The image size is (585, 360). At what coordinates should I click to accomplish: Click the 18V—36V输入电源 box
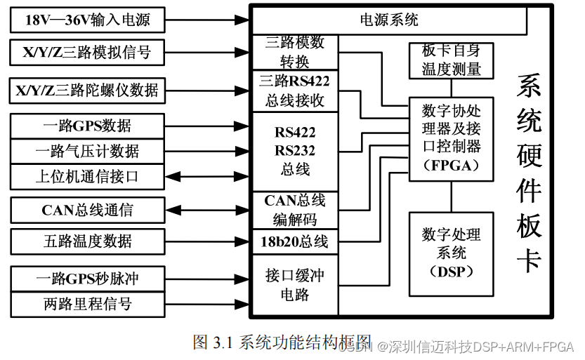coord(88,20)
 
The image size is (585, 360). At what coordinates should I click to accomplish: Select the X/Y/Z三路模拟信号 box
coord(88,53)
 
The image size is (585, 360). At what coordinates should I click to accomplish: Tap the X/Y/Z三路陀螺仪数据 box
coord(88,90)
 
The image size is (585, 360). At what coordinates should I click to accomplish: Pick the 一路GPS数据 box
coord(88,126)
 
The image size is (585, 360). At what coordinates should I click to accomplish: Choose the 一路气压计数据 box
coord(88,151)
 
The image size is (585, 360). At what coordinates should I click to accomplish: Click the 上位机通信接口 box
coord(88,176)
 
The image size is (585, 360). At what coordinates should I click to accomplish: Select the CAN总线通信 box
coord(88,209)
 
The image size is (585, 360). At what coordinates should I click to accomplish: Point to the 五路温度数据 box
coord(88,241)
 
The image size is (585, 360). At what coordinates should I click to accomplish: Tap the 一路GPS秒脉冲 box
coord(88,279)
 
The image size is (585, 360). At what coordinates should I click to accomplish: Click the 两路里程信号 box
coord(88,303)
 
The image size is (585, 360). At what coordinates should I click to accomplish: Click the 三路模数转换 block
coord(294,52)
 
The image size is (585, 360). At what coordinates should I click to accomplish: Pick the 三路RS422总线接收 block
coord(294,91)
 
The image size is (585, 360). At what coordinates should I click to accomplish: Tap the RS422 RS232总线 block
coord(294,151)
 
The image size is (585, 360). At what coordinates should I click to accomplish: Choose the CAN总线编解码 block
coord(294,210)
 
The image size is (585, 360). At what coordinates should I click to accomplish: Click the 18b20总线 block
coord(294,242)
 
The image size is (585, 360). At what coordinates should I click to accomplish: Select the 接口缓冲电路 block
coord(294,284)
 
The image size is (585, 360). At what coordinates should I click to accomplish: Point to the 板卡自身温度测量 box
coord(451,60)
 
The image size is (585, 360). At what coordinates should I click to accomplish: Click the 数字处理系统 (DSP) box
coord(451,253)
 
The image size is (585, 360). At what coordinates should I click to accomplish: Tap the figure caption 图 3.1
coord(282,342)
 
